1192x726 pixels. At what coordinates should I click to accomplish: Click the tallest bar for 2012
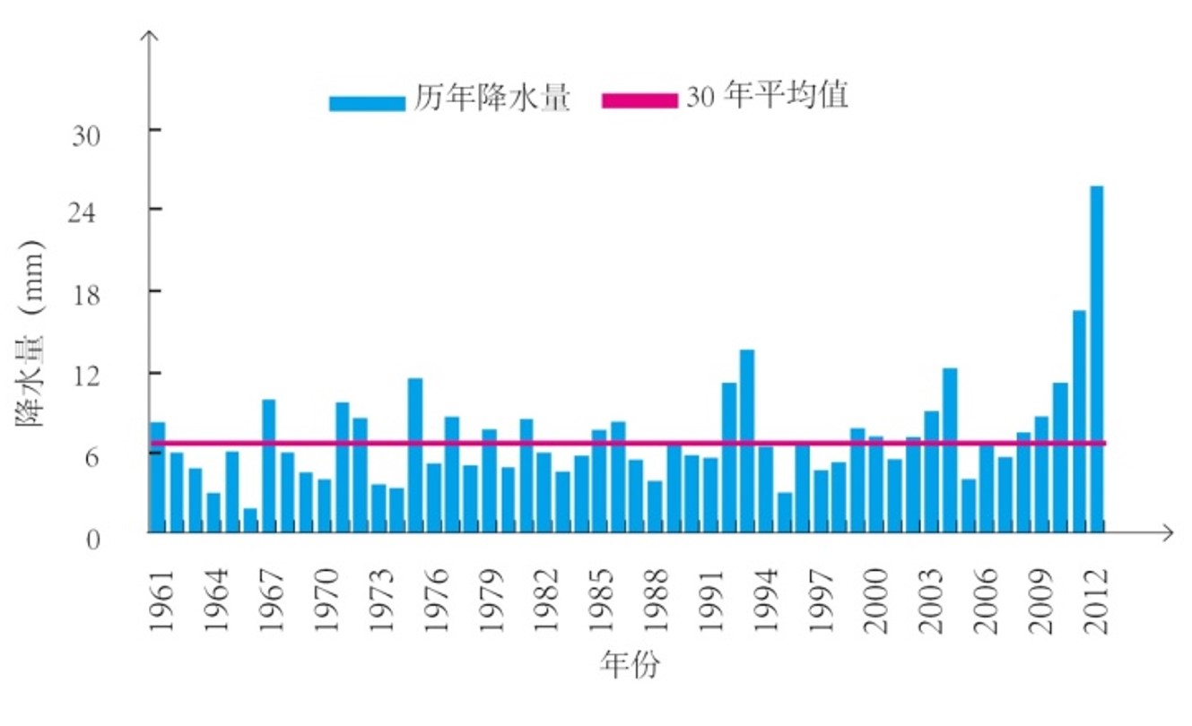(x=1096, y=359)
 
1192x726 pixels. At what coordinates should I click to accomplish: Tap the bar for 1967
(x=268, y=465)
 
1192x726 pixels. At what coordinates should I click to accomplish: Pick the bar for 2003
(x=932, y=471)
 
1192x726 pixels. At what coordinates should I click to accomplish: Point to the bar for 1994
(x=766, y=489)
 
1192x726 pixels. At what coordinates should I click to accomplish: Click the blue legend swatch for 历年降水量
(x=367, y=103)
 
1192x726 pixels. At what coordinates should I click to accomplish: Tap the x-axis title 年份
(x=630, y=665)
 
